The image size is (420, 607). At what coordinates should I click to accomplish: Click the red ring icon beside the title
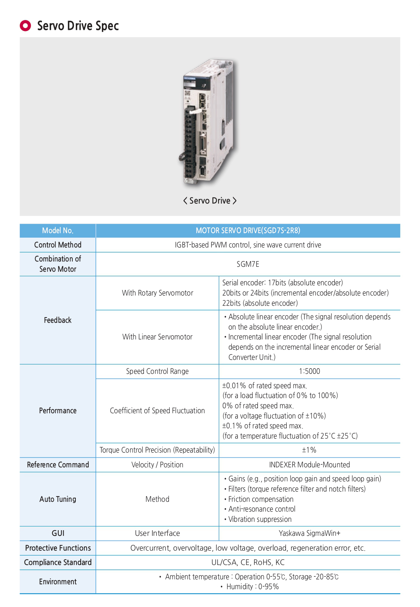(x=25, y=26)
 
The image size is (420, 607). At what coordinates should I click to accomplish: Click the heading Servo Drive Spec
(x=78, y=26)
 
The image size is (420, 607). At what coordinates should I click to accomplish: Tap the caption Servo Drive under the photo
(x=210, y=201)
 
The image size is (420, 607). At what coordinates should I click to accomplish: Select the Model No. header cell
(x=58, y=230)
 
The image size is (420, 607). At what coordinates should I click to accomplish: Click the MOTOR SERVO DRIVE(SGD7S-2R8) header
(x=248, y=230)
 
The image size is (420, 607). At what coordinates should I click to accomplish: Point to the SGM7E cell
(x=248, y=264)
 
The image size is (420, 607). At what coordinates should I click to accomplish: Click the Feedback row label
(x=58, y=320)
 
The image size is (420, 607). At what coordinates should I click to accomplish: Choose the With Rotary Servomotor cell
(x=157, y=293)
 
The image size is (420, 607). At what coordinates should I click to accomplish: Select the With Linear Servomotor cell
(x=157, y=337)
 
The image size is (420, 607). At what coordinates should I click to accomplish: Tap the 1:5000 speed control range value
(x=309, y=371)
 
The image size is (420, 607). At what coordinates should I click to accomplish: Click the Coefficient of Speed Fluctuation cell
(x=157, y=411)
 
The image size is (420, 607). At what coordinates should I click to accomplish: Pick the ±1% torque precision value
(x=309, y=450)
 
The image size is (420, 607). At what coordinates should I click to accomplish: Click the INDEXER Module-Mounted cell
(x=309, y=465)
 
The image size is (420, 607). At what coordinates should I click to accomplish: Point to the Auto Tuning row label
(x=58, y=499)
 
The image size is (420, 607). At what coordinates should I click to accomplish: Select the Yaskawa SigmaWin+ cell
(x=309, y=533)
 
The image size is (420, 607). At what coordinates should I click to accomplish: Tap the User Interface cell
(x=157, y=533)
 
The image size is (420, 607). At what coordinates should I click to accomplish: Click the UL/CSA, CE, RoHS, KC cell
(x=248, y=562)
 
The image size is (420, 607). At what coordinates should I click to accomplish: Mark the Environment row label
(x=58, y=582)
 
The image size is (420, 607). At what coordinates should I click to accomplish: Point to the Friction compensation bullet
(x=261, y=499)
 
